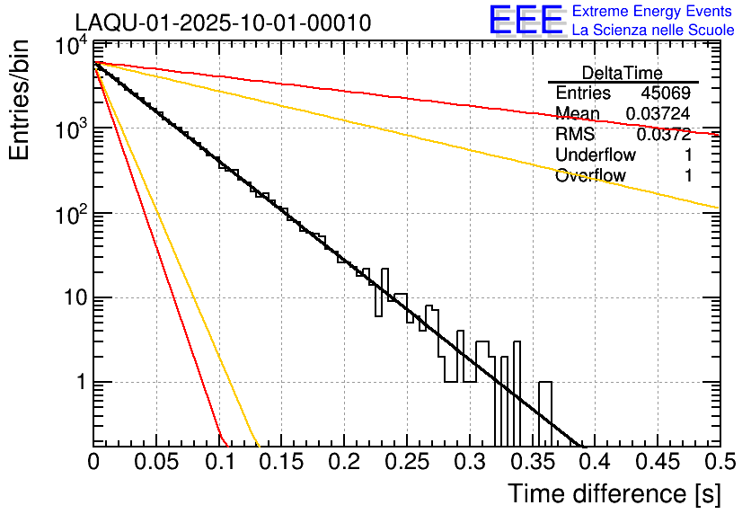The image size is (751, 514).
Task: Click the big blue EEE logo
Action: pos(526,22)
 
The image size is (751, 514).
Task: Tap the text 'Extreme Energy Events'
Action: pos(653,12)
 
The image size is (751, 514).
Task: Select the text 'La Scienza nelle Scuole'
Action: pos(653,30)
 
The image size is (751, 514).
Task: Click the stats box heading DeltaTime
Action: pos(623,73)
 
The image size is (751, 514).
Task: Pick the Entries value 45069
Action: pos(666,93)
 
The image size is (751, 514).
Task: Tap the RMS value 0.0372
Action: pos(664,135)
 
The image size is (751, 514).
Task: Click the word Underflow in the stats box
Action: pos(596,155)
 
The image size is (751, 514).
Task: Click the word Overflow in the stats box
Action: pos(590,176)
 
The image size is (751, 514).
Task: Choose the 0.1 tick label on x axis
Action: pos(218,462)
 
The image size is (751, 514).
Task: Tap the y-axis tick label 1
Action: pos(76,383)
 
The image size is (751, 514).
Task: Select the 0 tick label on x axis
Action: pos(94,462)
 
